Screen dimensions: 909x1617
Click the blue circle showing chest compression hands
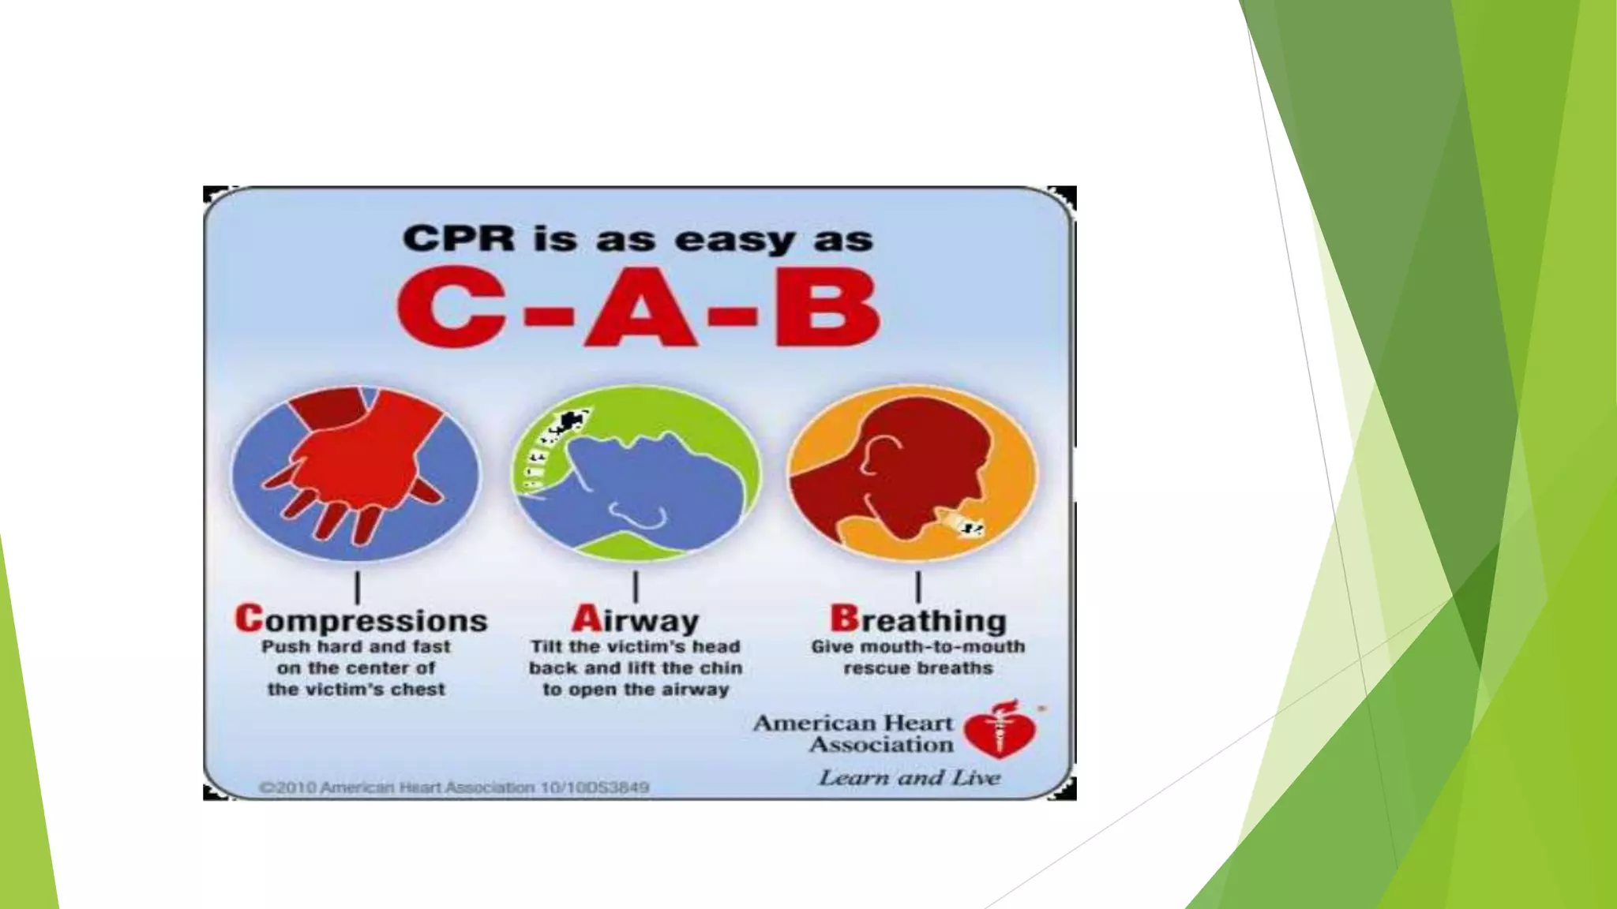coord(355,473)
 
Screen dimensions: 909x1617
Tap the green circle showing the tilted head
coord(636,473)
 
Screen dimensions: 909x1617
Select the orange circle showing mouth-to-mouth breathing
coord(913,473)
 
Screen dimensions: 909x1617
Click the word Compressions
coord(361,620)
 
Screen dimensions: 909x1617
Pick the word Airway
coord(636,620)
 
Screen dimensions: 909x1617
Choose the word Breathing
coord(918,620)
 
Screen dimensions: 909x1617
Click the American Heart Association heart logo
coord(1000,729)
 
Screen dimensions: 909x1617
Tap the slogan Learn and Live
coord(909,778)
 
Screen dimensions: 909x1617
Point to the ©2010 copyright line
coord(454,787)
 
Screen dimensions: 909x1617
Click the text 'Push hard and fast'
coord(355,647)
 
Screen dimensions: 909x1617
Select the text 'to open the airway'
coord(636,690)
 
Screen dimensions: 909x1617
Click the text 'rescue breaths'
coord(918,668)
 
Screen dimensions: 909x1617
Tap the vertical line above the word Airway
coord(636,588)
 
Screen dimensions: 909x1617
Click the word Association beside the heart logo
coord(881,744)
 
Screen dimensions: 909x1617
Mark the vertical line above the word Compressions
coord(358,588)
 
